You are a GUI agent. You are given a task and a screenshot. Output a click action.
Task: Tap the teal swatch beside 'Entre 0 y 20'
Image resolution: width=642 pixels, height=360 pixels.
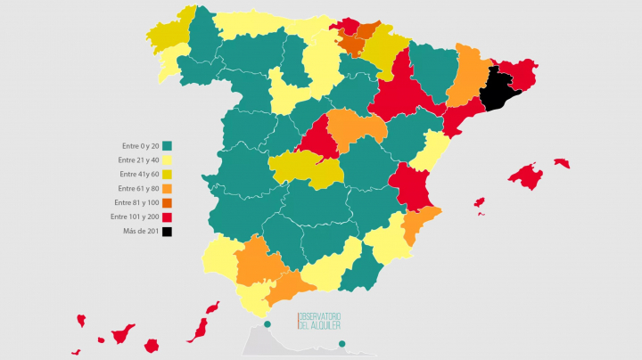[x=167, y=146]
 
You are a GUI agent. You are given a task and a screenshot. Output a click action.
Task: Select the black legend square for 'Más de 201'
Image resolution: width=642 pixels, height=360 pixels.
[x=167, y=232]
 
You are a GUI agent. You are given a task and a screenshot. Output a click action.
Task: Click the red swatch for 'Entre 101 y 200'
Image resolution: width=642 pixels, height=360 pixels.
[x=167, y=217]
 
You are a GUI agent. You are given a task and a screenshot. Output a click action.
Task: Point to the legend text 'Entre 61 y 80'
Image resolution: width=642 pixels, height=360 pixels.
[x=138, y=189]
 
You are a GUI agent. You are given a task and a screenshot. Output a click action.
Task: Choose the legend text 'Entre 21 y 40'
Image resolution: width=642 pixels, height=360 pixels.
[x=138, y=160]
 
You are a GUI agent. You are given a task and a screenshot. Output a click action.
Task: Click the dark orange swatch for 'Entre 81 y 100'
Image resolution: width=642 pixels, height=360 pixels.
[x=167, y=203]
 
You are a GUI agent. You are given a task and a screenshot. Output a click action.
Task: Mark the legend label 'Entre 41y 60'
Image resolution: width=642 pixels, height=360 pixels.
[x=138, y=175]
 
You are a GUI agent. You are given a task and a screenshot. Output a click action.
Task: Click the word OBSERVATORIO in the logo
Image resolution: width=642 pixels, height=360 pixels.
[x=321, y=316]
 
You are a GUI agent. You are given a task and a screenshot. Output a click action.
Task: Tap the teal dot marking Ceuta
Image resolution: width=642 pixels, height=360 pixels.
[x=267, y=323]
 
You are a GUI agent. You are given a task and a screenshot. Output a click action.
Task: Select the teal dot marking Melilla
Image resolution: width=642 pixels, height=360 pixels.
[x=341, y=345]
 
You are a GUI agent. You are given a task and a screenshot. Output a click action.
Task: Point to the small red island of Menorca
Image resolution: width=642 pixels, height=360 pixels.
[x=562, y=163]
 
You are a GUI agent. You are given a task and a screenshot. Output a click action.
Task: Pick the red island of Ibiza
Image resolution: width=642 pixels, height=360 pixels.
[x=480, y=203]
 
